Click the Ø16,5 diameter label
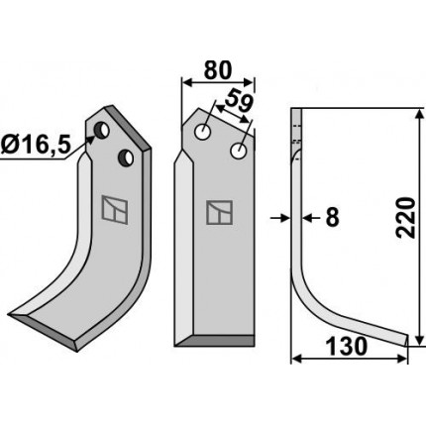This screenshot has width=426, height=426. [x=36, y=146]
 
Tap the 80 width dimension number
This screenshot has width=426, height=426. [x=218, y=70]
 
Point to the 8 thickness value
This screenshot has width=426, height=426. [x=332, y=218]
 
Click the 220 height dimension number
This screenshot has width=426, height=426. [x=406, y=218]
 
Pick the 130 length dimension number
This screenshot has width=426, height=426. [x=347, y=347]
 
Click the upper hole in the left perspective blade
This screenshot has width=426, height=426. [x=101, y=131]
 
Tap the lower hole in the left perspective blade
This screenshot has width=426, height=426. [x=126, y=158]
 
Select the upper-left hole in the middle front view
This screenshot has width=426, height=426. [x=203, y=133]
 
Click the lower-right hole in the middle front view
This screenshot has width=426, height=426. [x=238, y=151]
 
